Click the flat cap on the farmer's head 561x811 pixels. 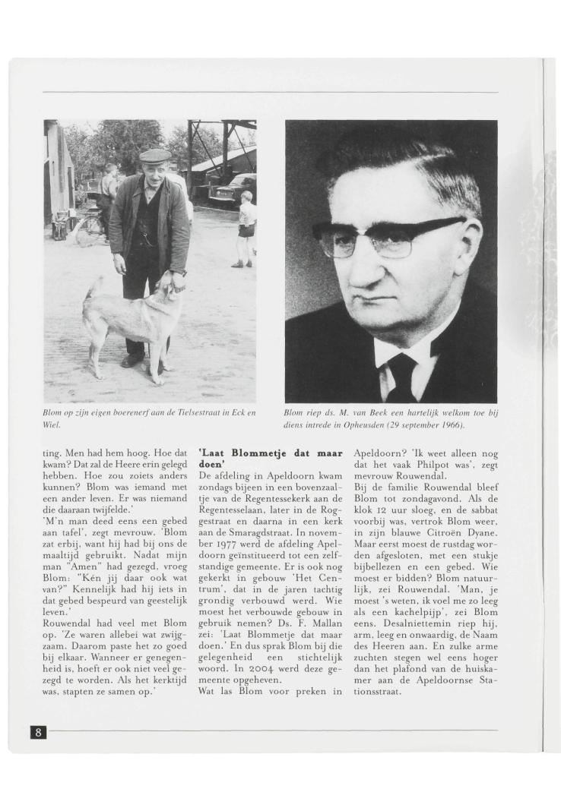155,155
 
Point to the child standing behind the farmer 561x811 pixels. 247,228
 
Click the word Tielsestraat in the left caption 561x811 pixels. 195,413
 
